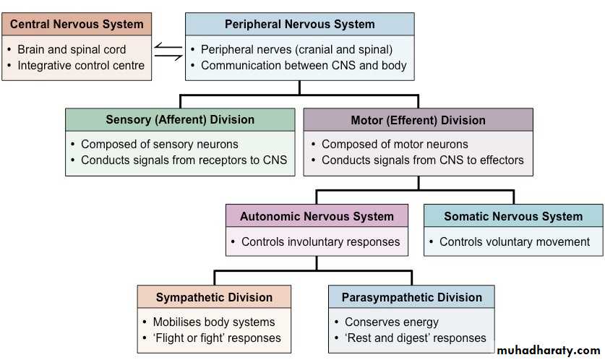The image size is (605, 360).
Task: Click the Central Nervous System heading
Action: click(x=77, y=24)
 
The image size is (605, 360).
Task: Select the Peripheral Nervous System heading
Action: click(x=299, y=24)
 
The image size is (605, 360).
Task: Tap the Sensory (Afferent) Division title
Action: click(x=180, y=119)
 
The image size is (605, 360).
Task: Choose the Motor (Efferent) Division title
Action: click(x=418, y=120)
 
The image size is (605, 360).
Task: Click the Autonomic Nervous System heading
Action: click(x=317, y=216)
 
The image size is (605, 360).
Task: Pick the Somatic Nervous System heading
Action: click(x=513, y=216)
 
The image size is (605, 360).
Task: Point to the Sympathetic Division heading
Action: click(x=214, y=297)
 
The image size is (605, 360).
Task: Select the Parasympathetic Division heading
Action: click(x=411, y=297)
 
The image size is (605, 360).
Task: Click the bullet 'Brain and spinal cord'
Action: click(x=72, y=50)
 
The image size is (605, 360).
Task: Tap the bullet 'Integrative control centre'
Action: click(x=81, y=66)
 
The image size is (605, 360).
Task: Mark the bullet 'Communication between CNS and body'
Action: click(x=304, y=66)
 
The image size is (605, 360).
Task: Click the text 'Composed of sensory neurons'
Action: click(x=159, y=144)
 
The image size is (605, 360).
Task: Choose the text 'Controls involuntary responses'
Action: click(x=320, y=241)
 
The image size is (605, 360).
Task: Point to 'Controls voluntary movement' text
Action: click(x=515, y=241)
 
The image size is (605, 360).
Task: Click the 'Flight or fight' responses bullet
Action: click(x=217, y=338)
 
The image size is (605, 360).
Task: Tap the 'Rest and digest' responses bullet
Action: click(x=415, y=338)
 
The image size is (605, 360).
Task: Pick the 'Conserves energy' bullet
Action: click(x=391, y=322)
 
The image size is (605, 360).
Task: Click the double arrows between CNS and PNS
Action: click(x=168, y=51)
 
